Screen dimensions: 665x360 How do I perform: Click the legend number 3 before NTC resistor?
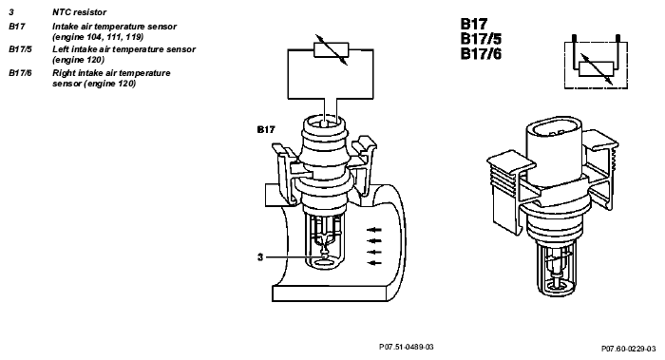click(11, 12)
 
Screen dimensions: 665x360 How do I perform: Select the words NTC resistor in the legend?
click(79, 12)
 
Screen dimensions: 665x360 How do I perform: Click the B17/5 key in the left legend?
click(20, 49)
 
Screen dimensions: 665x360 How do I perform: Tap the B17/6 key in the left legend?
click(20, 73)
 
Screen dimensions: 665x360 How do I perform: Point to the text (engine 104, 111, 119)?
click(98, 37)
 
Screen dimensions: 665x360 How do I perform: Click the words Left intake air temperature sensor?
click(123, 49)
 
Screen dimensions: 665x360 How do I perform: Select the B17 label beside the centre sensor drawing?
click(266, 130)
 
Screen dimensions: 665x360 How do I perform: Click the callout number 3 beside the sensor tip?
click(260, 257)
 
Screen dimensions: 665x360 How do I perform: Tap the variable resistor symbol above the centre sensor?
click(332, 49)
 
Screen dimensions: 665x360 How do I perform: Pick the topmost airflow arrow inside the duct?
click(374, 230)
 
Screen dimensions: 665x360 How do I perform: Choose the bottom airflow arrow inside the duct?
click(374, 263)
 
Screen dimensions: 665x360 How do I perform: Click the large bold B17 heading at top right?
click(474, 24)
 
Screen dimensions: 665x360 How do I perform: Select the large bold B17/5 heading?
click(482, 39)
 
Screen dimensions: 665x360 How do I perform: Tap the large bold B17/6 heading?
click(482, 54)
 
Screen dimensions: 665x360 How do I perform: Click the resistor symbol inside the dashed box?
click(597, 68)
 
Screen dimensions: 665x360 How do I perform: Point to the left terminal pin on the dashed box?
click(574, 39)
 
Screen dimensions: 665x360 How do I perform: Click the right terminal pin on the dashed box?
click(617, 39)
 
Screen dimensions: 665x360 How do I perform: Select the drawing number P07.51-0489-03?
click(407, 348)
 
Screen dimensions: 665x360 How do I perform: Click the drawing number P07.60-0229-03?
click(629, 349)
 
